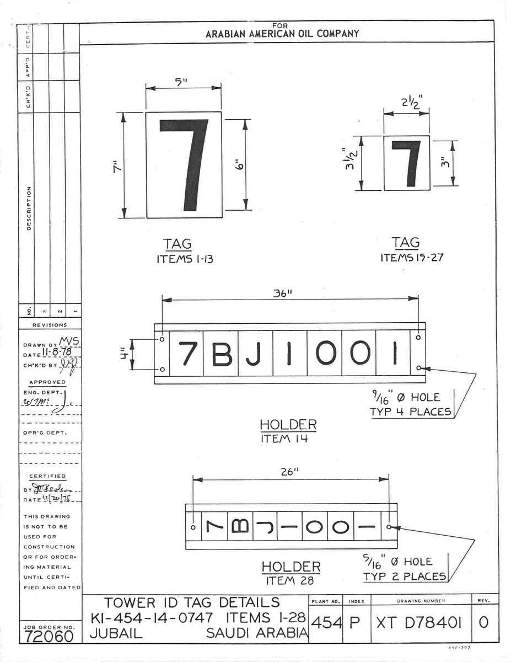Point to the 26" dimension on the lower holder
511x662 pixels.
(x=291, y=472)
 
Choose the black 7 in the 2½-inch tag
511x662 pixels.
(x=407, y=163)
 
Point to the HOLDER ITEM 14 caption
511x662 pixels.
(x=288, y=431)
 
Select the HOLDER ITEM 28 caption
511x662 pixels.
(x=291, y=573)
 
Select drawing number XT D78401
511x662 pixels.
(x=419, y=622)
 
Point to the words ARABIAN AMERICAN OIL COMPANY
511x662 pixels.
(x=282, y=34)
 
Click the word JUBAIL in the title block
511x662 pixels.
(x=116, y=633)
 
